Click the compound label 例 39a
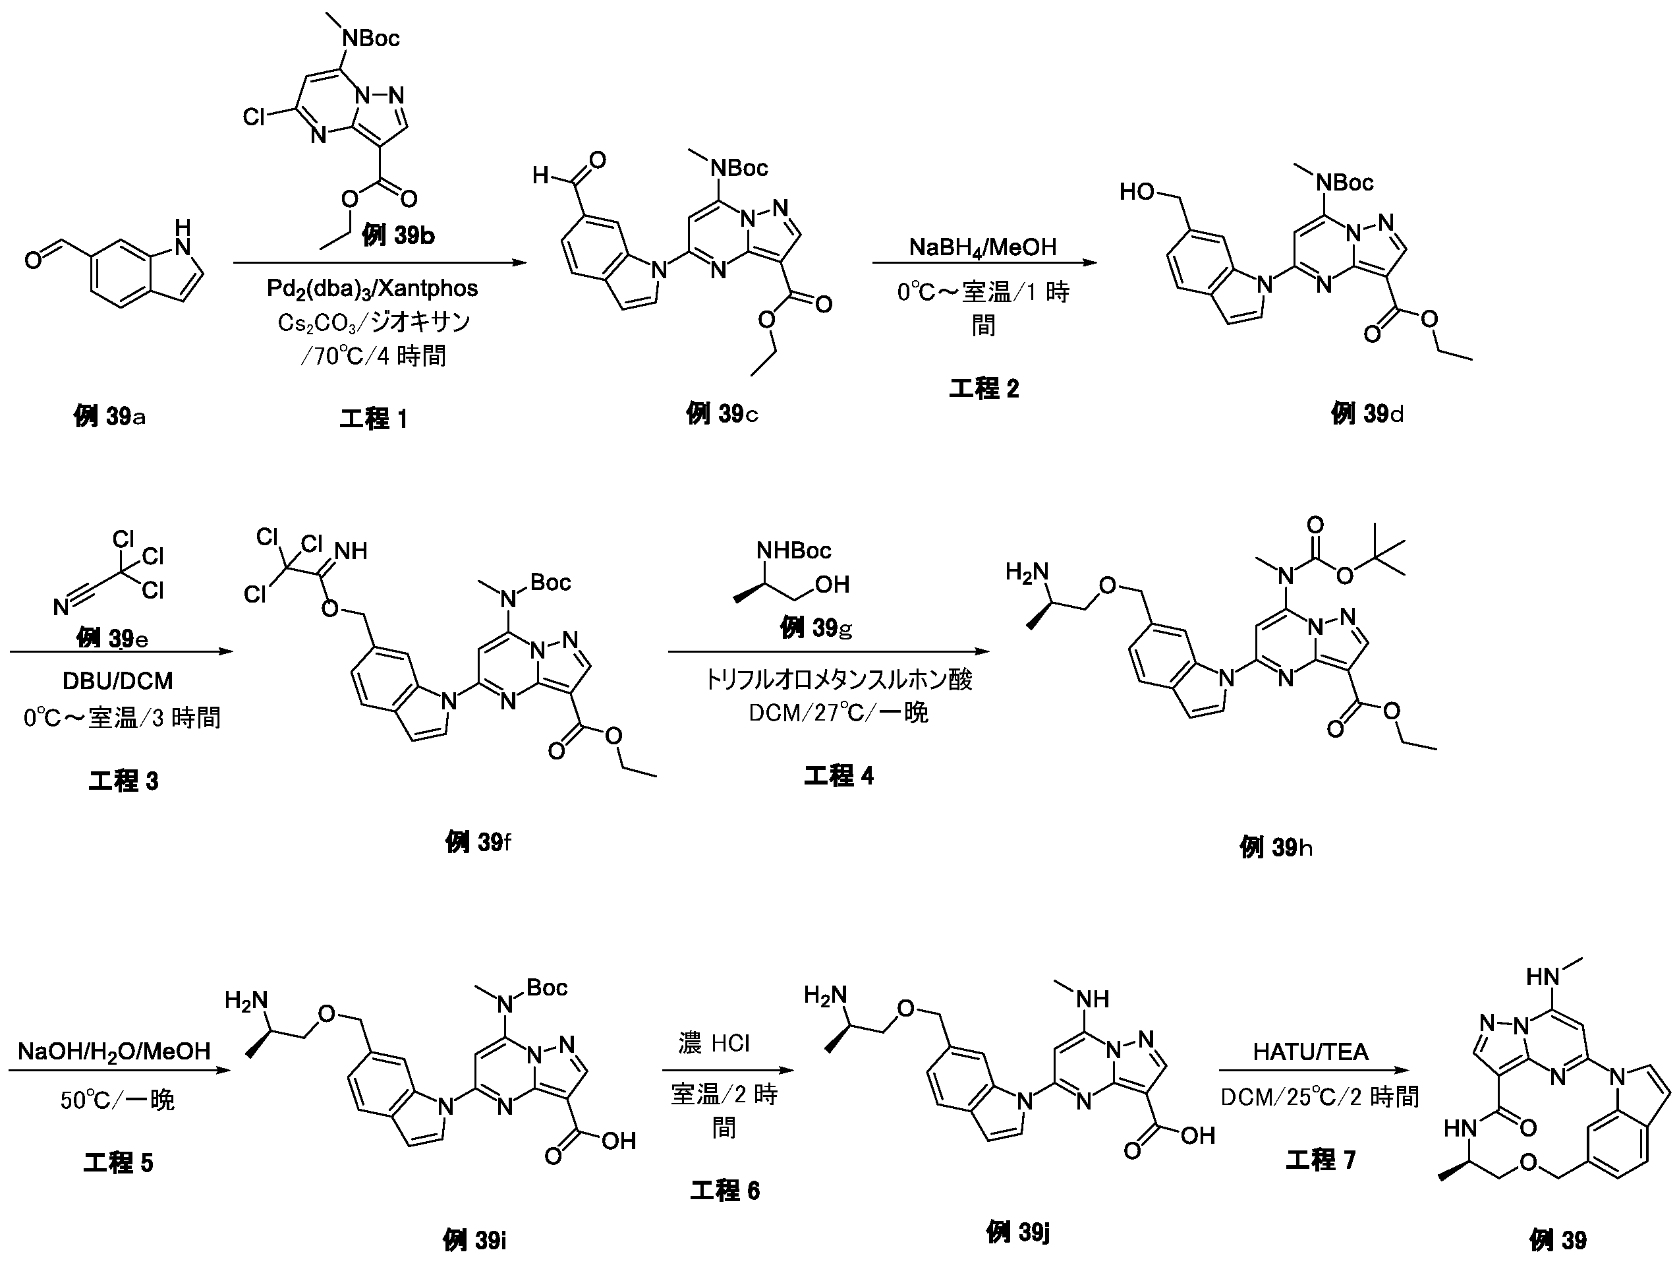pos(110,415)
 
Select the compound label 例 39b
pos(398,235)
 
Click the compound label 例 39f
pos(478,841)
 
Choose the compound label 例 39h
pos(1276,846)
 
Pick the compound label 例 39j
pos(1018,1231)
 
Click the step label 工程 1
pos(374,419)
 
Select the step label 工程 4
pos(839,775)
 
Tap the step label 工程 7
pos(1320,1160)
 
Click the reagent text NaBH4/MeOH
pos(983,246)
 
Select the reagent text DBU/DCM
pos(118,680)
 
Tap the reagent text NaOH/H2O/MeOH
pos(114,1051)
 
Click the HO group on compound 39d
pos(1138,191)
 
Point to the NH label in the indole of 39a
pos(182,236)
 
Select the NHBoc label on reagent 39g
pos(794,550)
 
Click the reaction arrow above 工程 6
pos(727,1071)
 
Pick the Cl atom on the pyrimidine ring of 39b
pos(254,117)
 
